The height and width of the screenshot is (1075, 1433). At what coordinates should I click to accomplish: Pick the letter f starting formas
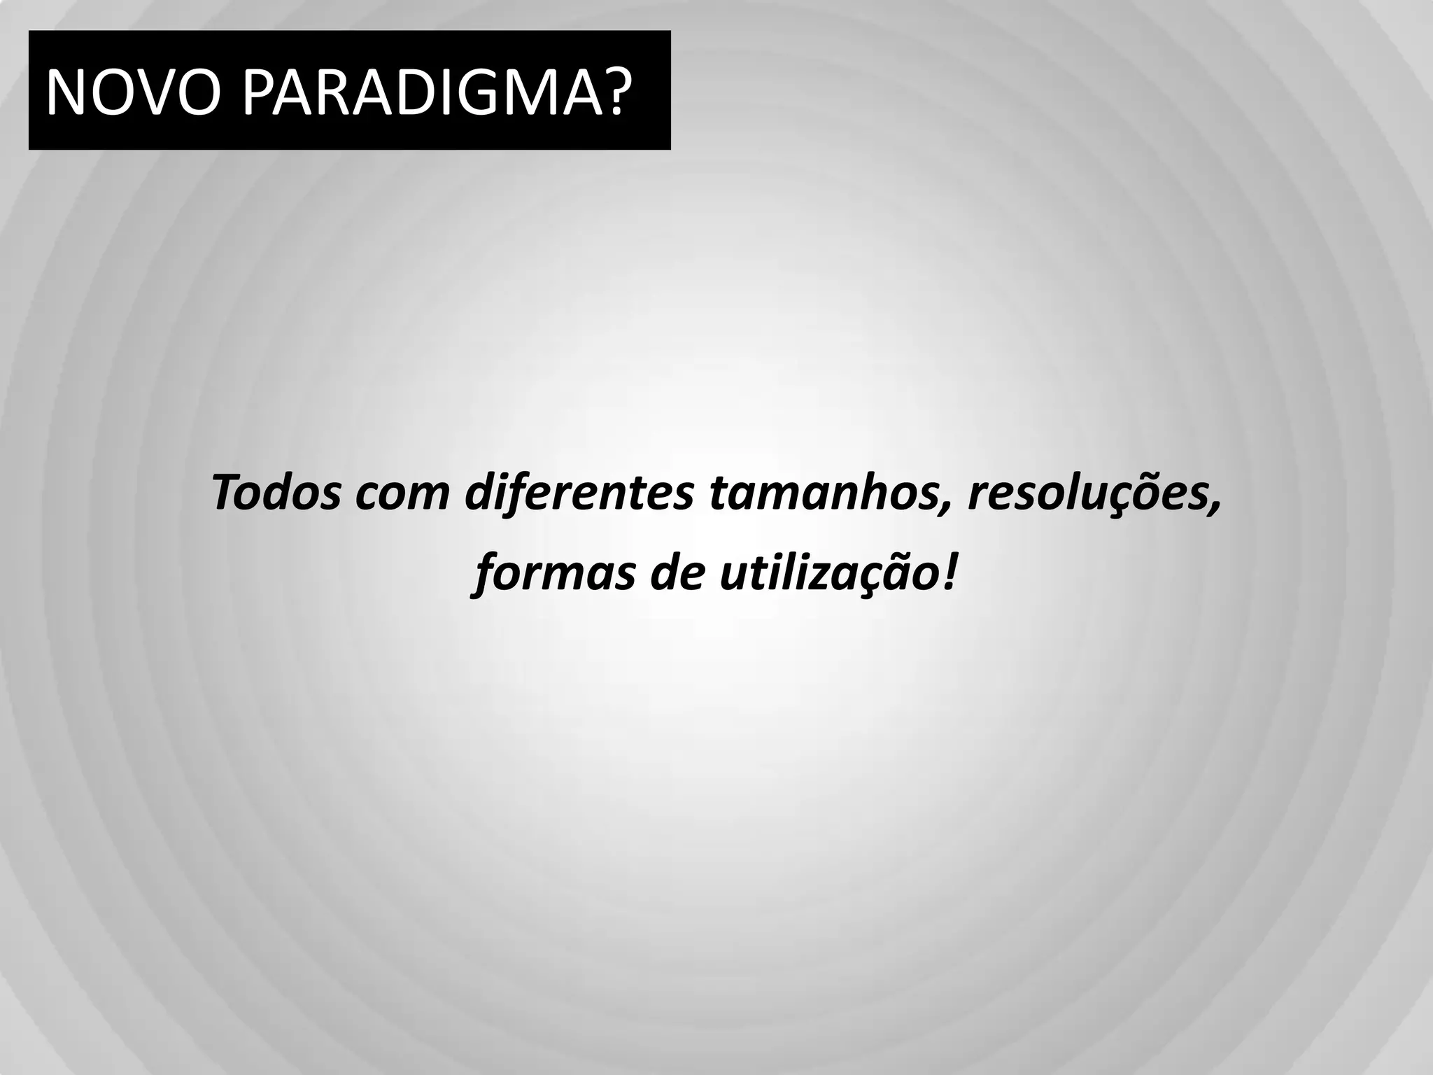(483, 574)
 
